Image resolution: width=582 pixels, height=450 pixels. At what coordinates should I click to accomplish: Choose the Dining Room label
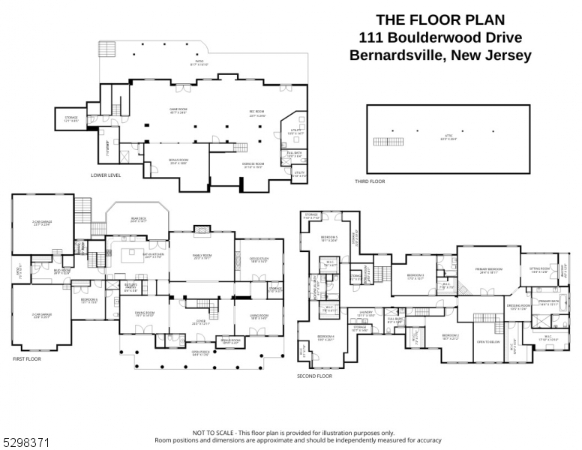[144, 314]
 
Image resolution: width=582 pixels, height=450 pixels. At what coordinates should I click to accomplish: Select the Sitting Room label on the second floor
[540, 270]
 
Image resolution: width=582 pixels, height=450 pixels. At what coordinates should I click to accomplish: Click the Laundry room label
[366, 313]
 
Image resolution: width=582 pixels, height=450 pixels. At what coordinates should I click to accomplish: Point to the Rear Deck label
[137, 220]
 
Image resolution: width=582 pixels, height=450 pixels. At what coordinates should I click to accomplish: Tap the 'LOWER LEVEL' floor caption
[106, 175]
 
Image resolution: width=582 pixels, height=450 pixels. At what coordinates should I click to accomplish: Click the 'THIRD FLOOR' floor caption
[370, 181]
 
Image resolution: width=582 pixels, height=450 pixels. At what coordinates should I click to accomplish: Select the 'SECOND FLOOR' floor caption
[314, 376]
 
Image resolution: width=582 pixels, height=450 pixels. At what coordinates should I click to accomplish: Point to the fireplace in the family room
[202, 229]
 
